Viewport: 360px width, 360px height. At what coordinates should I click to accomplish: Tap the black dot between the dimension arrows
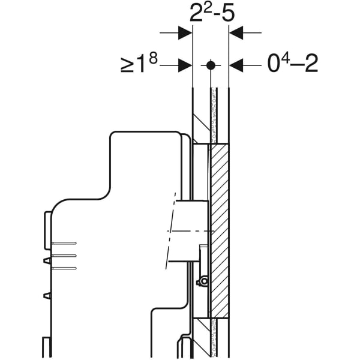pyautogui.click(x=210, y=64)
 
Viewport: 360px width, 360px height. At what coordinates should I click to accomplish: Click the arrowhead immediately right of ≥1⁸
pyautogui.click(x=185, y=64)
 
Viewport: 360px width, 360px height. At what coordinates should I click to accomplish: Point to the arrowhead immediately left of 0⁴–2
pyautogui.click(x=236, y=64)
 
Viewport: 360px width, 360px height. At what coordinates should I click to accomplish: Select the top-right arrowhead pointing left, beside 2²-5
pyautogui.click(x=236, y=34)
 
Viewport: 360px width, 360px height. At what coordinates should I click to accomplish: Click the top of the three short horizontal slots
pyautogui.click(x=64, y=243)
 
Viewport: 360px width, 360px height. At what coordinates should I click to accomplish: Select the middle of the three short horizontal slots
pyautogui.click(x=64, y=256)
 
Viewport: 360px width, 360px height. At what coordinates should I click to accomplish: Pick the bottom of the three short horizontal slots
pyautogui.click(x=64, y=268)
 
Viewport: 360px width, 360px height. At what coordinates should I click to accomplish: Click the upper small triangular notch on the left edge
pyautogui.click(x=47, y=260)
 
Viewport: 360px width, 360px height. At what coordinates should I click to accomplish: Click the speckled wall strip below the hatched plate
pyautogui.click(x=213, y=336)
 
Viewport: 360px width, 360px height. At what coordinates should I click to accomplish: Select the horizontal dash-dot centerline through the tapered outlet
pyautogui.click(x=186, y=230)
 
